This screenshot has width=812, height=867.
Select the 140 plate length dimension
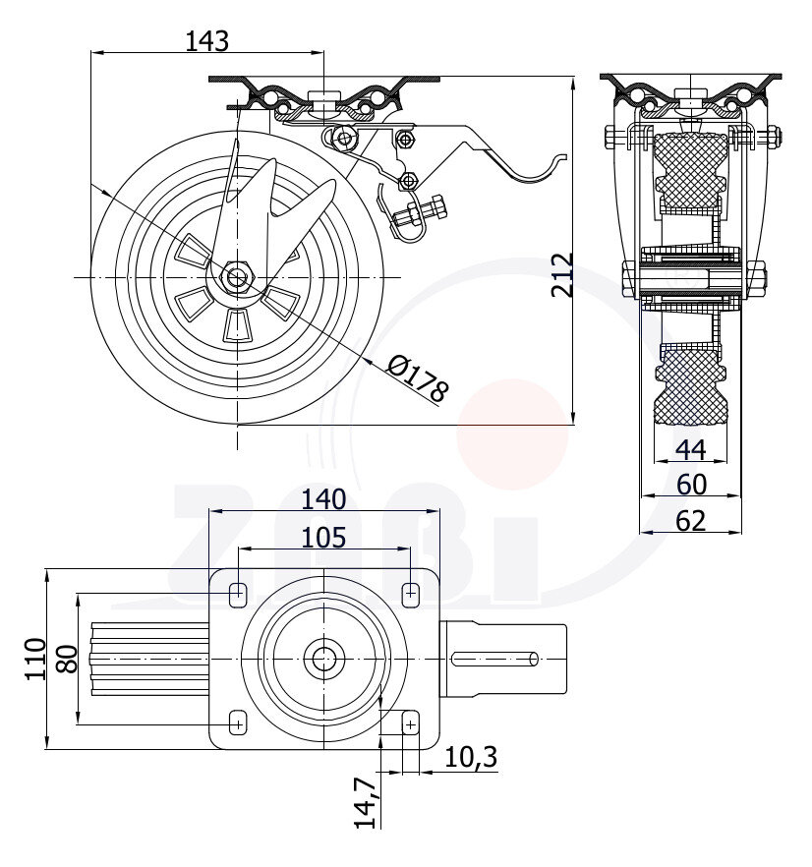(323, 499)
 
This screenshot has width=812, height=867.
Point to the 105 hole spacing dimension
(323, 538)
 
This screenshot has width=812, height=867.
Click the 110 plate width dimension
(35, 659)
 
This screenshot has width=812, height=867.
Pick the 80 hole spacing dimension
(67, 659)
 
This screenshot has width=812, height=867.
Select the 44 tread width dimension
(691, 449)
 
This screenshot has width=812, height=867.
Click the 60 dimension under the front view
(691, 485)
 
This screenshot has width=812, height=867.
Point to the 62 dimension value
(691, 521)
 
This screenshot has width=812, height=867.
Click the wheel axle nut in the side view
(238, 277)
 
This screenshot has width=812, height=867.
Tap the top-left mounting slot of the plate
(237, 593)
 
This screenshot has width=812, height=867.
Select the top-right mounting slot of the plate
(410, 593)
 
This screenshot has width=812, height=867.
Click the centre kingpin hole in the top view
(322, 658)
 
